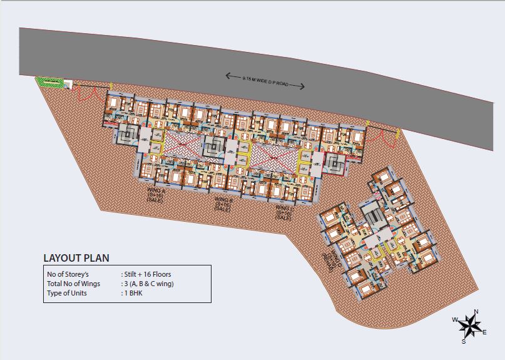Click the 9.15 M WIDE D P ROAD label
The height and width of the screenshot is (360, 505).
265,80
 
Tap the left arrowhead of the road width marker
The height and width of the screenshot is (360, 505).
228,76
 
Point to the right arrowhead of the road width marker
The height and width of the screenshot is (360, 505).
304,86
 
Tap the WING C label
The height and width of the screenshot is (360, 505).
283,213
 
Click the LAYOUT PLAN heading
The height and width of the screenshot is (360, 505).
76,257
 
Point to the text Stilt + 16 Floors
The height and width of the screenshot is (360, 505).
146,274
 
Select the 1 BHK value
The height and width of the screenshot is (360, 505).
133,293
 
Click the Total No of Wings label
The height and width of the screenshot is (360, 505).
74,284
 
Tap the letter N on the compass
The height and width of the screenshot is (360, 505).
476,312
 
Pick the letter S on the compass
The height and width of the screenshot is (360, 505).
464,341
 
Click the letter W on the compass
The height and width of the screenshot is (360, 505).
455,320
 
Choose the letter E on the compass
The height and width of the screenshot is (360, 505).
484,332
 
